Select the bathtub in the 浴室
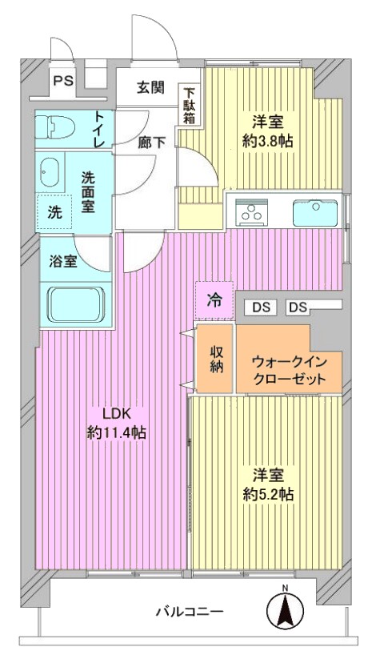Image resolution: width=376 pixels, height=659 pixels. click(75, 304)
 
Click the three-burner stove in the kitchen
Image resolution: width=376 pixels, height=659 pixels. click(252, 212)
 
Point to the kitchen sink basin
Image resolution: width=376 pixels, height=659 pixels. click(315, 213)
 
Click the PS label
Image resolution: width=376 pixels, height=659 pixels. click(63, 80)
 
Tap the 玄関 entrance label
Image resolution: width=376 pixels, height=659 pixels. click(150, 88)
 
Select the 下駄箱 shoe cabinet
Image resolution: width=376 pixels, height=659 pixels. click(190, 105)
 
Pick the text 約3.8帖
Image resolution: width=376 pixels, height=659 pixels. click(268, 141)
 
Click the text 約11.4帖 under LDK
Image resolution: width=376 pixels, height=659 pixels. click(116, 432)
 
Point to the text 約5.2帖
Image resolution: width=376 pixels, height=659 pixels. click(268, 494)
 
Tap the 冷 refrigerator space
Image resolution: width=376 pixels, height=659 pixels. click(214, 300)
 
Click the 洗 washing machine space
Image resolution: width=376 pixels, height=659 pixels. click(54, 213)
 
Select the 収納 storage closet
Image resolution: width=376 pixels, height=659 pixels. click(214, 359)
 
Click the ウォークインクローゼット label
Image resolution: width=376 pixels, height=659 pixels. click(289, 370)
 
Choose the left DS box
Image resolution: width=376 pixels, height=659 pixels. click(262, 307)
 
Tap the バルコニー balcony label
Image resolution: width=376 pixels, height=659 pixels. click(190, 612)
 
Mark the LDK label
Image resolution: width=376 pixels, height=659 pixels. click(118, 414)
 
